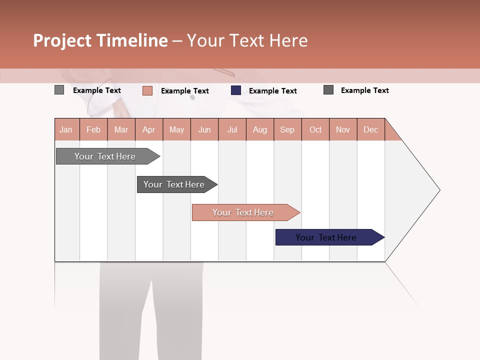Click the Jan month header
tap(66, 129)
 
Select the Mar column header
tap(121, 129)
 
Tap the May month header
tap(176, 129)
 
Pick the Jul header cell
tap(232, 129)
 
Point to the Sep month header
tap(287, 129)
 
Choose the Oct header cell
tap(315, 129)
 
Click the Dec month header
tap(370, 129)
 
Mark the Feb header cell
tap(93, 129)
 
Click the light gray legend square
tap(59, 90)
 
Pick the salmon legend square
tap(147, 90)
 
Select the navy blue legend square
tap(236, 90)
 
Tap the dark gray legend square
tap(328, 90)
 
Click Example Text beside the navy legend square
tap(272, 91)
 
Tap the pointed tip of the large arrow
tap(438, 190)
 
